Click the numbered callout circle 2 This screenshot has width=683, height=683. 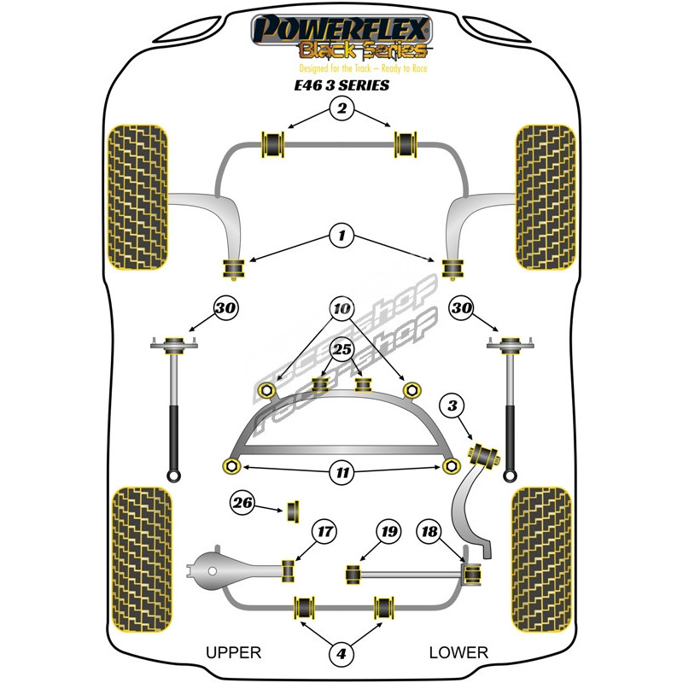[x=341, y=108]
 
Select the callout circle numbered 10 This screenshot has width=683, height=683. [x=341, y=307]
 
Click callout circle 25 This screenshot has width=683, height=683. [x=341, y=349]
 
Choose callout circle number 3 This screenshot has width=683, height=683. [x=452, y=406]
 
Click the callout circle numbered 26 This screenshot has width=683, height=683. [x=243, y=504]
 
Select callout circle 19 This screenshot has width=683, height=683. [x=388, y=532]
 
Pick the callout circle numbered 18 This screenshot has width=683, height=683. [x=429, y=532]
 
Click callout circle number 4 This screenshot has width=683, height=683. [x=341, y=654]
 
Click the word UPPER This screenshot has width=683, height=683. [x=233, y=653]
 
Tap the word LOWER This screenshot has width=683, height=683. [x=458, y=653]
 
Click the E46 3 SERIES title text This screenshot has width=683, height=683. [x=341, y=85]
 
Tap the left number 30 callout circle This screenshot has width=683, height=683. [x=227, y=307]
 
